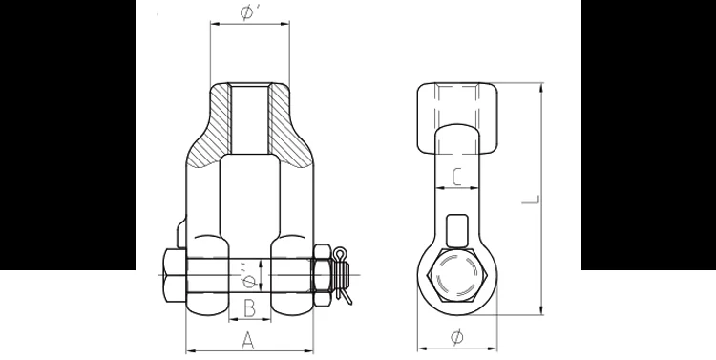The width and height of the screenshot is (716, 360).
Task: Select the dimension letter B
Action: point(247,307)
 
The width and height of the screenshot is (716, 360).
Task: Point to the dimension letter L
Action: point(536,201)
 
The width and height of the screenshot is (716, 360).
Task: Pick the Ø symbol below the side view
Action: point(455,337)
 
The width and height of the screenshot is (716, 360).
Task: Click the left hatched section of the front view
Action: point(208,129)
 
